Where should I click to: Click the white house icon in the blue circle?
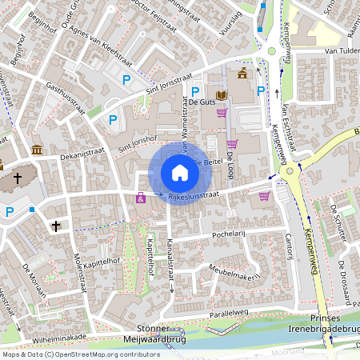(x=180, y=173)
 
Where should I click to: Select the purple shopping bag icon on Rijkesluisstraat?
(x=141, y=198)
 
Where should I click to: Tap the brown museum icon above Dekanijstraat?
(x=37, y=150)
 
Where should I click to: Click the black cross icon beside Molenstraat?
(x=56, y=226)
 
